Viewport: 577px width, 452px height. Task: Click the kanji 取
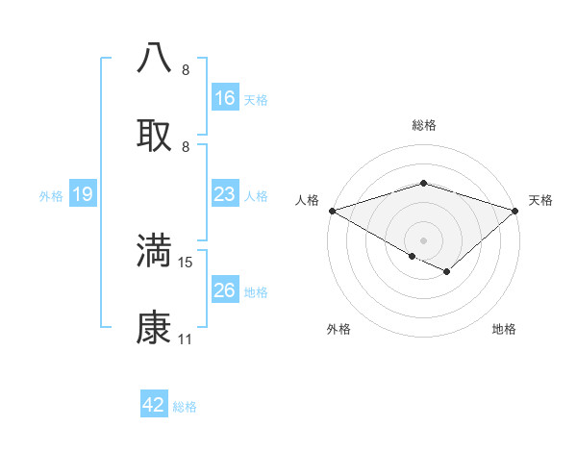155,135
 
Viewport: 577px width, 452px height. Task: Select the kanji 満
155,250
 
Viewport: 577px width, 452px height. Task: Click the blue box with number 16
225,98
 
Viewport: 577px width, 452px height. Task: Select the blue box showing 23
225,195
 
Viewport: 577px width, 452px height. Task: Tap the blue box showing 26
225,291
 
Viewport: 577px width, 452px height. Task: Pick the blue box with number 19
83,195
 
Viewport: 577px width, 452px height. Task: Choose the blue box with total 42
154,406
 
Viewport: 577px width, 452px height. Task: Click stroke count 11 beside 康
186,339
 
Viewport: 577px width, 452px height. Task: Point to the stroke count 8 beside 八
186,69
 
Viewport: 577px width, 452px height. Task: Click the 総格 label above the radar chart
424,125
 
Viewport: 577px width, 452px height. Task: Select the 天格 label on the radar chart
540,200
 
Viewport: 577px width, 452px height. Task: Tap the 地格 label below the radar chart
504,329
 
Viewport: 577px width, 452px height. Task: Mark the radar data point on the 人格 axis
332,211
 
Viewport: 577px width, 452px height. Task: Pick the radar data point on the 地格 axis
447,272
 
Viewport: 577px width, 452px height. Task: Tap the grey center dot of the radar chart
424,239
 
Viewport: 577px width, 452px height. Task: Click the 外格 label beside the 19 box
51,196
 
